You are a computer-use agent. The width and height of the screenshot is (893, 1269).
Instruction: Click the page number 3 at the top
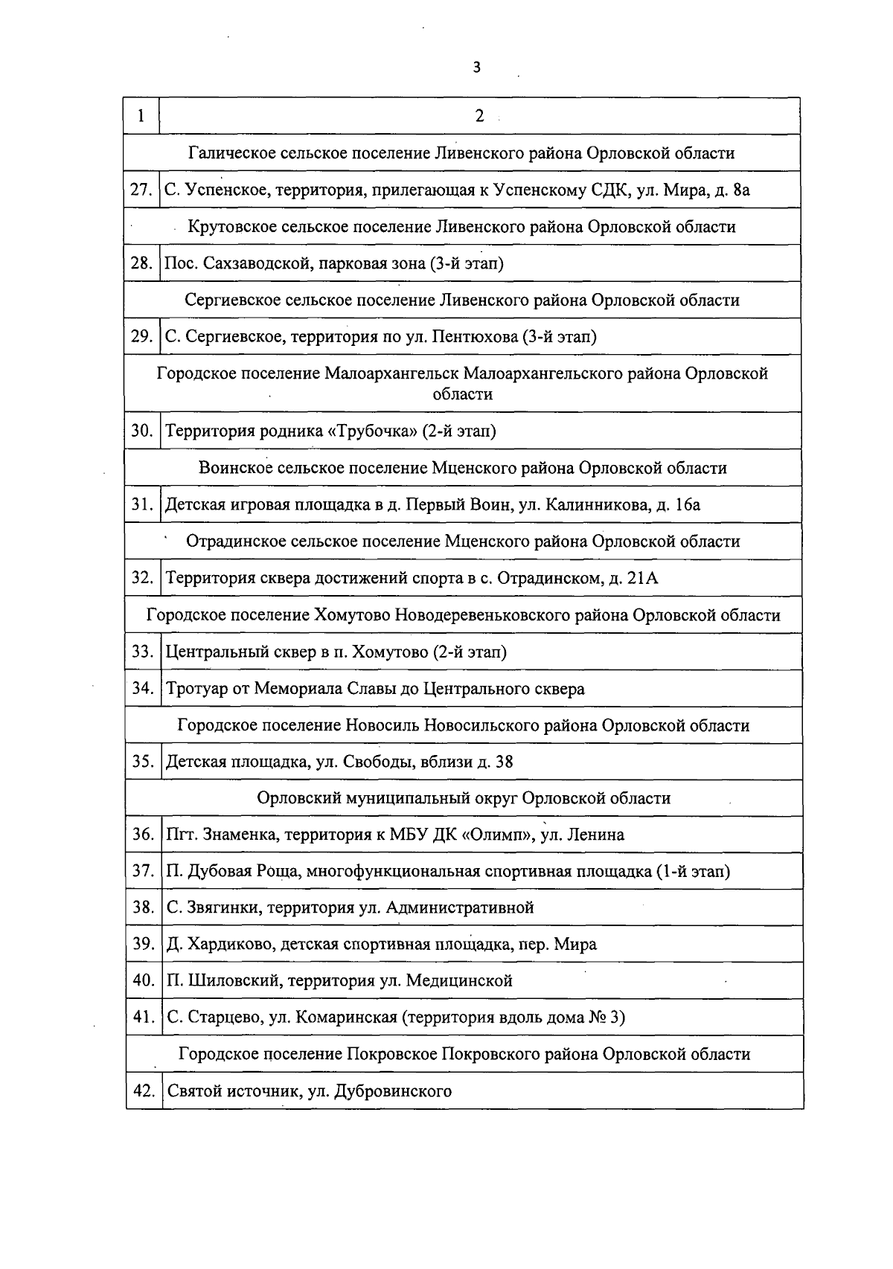coord(476,68)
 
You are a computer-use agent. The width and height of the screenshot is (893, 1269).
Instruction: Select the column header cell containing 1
coord(141,116)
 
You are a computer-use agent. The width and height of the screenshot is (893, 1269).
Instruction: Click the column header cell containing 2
coord(479,116)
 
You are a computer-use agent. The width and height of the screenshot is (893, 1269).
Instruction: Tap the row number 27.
coord(141,190)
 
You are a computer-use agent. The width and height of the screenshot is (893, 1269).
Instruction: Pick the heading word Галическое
coord(232,153)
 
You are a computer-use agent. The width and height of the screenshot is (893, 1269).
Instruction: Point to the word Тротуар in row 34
coord(196,689)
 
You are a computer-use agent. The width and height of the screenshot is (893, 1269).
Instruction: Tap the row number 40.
coord(143,980)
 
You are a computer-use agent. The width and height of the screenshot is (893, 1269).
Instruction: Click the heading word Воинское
coord(235,469)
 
